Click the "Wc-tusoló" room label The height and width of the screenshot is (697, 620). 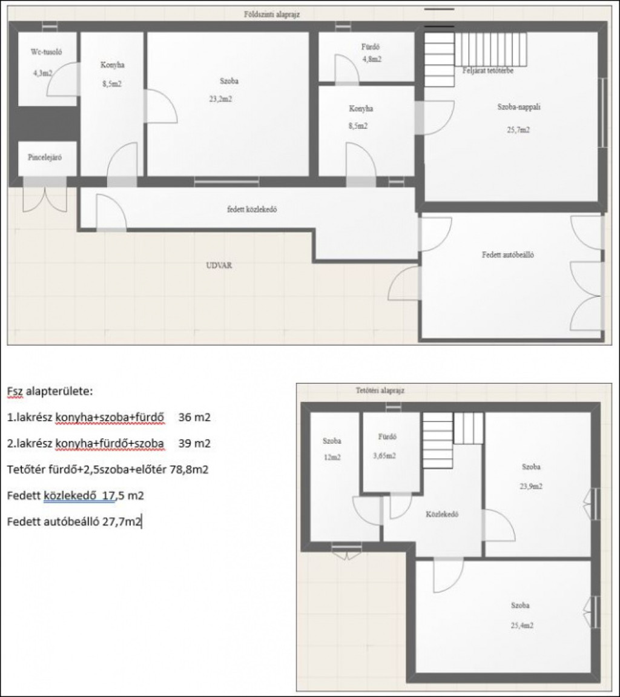coord(46,52)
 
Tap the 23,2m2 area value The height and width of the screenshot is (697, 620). coord(220,99)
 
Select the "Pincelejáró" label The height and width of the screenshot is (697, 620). coord(45,157)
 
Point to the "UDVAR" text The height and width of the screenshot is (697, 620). coord(219,265)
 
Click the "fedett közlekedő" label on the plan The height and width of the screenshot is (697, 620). coord(252,210)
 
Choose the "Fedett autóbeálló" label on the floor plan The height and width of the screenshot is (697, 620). coord(508,255)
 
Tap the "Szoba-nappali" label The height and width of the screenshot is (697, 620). coord(519,107)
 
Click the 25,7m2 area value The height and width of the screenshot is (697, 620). coord(519,130)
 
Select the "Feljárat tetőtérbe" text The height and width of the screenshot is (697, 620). coord(488,70)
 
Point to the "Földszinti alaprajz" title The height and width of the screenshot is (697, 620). coord(272,14)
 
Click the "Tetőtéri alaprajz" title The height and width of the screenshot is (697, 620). coord(380,391)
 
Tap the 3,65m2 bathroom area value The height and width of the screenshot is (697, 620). coord(384,455)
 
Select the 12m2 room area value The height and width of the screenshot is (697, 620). coord(332,457)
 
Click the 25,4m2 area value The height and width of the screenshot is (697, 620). coord(522,626)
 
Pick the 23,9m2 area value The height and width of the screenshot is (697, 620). coord(531,486)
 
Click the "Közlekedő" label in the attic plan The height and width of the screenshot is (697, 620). coord(442,514)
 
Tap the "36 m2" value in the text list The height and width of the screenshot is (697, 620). coord(194,417)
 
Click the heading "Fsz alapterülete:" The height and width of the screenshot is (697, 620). coord(50,392)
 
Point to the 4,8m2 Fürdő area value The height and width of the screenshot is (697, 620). coord(372,59)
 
